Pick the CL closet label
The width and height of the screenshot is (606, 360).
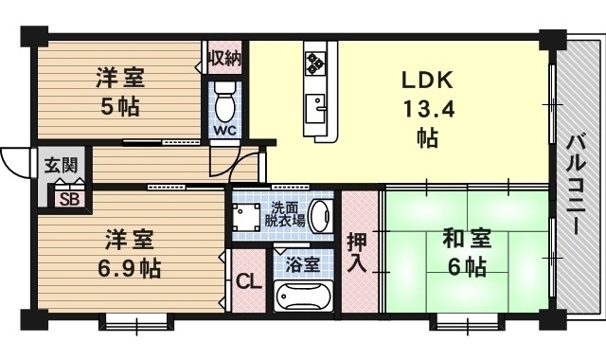(x=248, y=281)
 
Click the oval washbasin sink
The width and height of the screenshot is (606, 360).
(x=320, y=215)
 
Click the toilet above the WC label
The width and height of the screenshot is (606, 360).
(x=224, y=98)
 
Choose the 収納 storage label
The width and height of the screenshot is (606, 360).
(x=224, y=58)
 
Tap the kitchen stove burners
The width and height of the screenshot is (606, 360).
(x=314, y=63)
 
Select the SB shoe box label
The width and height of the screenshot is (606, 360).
(x=69, y=198)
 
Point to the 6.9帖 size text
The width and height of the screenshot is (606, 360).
(x=130, y=268)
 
